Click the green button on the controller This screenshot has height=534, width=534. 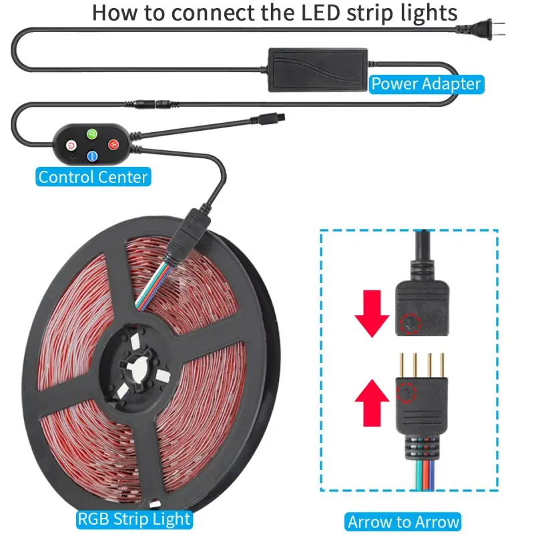coord(92,133)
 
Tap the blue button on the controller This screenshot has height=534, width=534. coord(92,157)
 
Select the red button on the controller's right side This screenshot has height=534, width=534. coord(113,144)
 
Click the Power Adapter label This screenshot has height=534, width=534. coord(426,83)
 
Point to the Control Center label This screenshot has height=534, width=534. coord(93,177)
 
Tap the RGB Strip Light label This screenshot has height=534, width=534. coord(134,519)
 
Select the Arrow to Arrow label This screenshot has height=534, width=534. coord(404,521)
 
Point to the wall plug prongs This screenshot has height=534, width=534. coord(498,31)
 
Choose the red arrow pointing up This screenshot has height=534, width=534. coord(372,398)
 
